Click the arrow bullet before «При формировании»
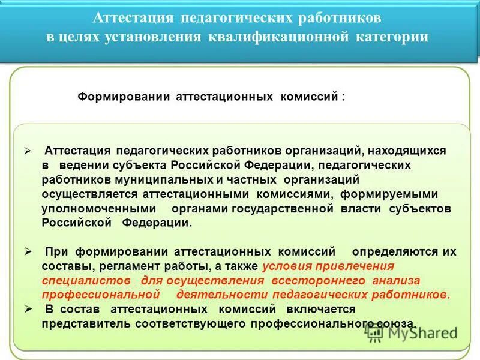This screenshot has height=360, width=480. pos(28,251)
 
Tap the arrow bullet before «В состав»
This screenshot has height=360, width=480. pos(28,309)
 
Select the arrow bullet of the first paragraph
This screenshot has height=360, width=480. pos(28,151)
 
